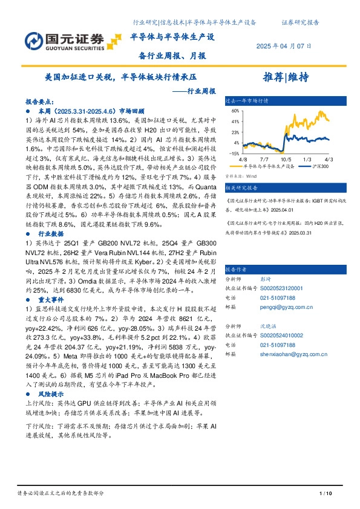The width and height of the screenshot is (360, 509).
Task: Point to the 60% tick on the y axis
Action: click(x=235, y=111)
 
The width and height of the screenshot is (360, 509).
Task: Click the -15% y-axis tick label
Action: click(x=234, y=154)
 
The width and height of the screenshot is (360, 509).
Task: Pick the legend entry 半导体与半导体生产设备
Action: click(x=269, y=165)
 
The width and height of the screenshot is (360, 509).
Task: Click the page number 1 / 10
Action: click(x=325, y=494)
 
